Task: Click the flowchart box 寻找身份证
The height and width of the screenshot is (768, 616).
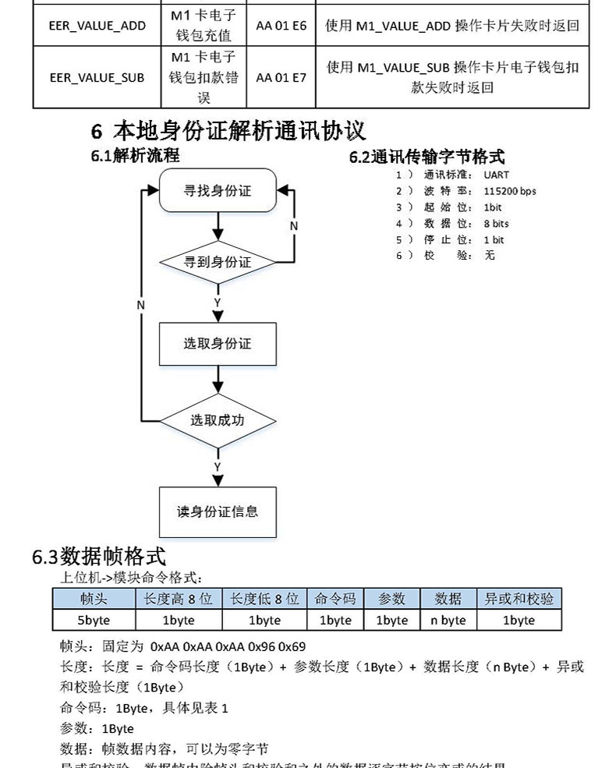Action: click(218, 190)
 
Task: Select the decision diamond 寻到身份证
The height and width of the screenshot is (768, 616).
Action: click(218, 263)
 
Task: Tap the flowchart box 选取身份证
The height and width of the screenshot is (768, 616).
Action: click(218, 343)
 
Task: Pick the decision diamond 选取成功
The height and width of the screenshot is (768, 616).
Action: click(218, 420)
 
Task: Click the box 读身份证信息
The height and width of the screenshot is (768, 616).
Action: click(218, 511)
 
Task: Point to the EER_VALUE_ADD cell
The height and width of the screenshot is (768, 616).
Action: click(97, 25)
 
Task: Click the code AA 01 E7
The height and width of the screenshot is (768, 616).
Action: click(281, 77)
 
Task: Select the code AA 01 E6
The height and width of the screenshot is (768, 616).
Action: click(281, 25)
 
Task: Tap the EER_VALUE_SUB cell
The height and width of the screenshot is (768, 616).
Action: click(97, 77)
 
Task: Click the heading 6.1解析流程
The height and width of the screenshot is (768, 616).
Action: click(135, 155)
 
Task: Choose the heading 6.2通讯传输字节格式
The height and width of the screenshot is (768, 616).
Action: click(427, 157)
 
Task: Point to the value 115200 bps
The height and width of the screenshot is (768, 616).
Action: click(509, 191)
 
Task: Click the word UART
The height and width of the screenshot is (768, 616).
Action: click(496, 175)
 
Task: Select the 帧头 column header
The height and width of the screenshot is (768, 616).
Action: click(94, 599)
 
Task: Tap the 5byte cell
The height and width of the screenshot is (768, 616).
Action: click(94, 620)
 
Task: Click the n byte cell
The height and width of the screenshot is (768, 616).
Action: click(448, 620)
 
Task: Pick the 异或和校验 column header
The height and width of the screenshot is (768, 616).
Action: click(519, 599)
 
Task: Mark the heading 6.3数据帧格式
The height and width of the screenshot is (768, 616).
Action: click(98, 557)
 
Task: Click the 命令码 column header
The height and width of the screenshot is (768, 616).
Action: click(335, 599)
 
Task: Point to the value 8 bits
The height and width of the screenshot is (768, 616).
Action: click(496, 224)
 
